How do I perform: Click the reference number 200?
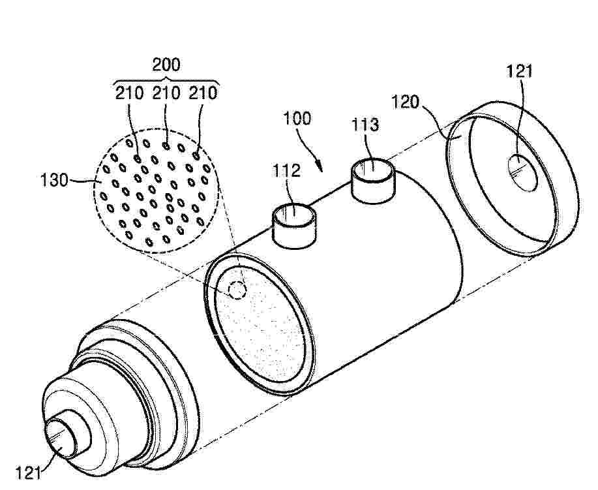click(166, 65)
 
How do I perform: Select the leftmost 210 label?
click(129, 93)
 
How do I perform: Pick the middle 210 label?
click(166, 93)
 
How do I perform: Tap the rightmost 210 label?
click(203, 93)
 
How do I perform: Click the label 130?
click(54, 179)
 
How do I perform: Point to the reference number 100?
click(297, 118)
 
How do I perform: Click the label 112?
click(287, 170)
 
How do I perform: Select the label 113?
click(365, 125)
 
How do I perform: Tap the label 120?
click(406, 102)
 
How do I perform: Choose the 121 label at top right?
click(518, 71)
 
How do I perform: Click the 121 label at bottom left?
click(28, 473)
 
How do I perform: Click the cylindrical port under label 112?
click(294, 226)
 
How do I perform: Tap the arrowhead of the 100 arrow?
click(320, 168)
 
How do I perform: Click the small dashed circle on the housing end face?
click(237, 290)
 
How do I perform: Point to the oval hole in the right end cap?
click(522, 172)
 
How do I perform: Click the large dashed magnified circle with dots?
click(157, 190)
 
